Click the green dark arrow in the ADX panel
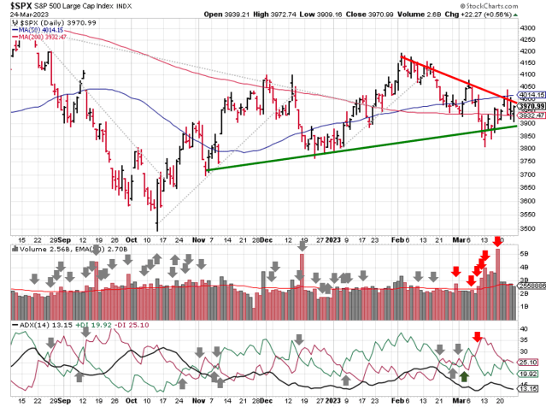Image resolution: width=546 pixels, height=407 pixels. [463, 376]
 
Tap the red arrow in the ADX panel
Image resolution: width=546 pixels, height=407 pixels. [478, 335]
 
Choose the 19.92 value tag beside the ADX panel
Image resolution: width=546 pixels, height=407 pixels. [527, 374]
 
